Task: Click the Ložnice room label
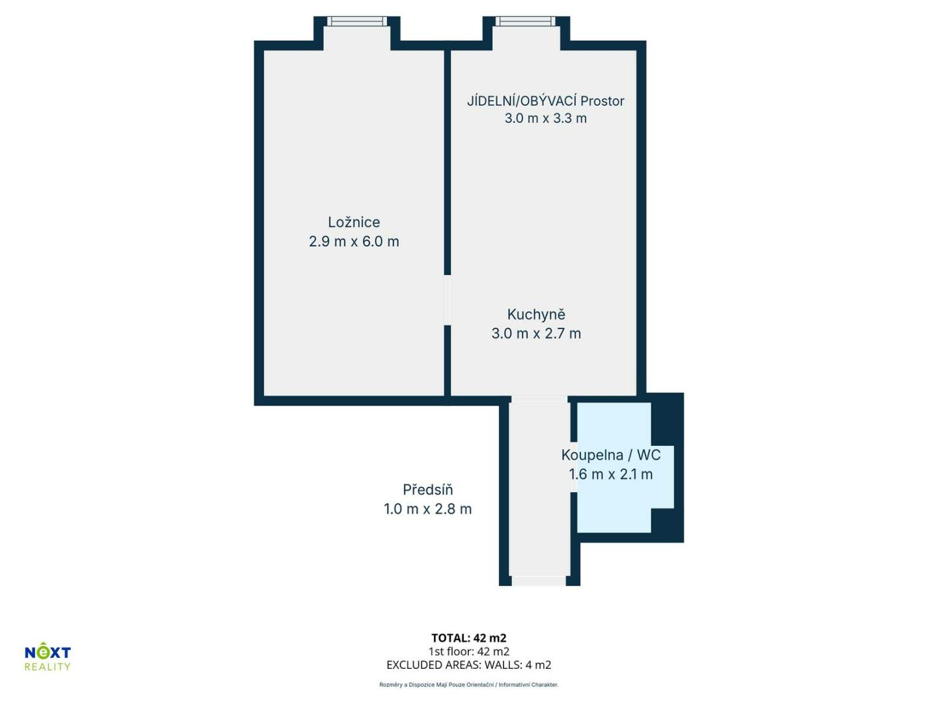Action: click(x=354, y=222)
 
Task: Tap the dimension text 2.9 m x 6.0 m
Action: click(x=354, y=241)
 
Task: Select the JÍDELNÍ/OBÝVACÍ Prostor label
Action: click(x=545, y=100)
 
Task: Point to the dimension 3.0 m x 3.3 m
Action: click(x=545, y=118)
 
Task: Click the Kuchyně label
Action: click(x=536, y=314)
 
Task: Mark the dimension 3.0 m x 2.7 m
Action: click(x=536, y=333)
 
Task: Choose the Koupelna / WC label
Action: click(x=610, y=455)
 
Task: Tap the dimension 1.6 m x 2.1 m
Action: click(x=610, y=474)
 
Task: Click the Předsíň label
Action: click(x=427, y=490)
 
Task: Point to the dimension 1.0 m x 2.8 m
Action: click(x=427, y=508)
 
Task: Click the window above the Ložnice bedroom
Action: click(x=357, y=21)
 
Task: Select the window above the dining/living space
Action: click(x=526, y=21)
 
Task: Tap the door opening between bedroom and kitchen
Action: click(x=448, y=300)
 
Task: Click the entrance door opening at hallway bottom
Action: click(x=539, y=580)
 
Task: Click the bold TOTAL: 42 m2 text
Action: click(x=469, y=638)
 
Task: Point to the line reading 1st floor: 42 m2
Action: click(x=469, y=651)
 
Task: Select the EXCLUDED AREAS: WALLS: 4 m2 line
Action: click(x=469, y=665)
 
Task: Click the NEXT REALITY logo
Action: click(x=48, y=655)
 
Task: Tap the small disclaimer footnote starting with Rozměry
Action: click(x=469, y=684)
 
